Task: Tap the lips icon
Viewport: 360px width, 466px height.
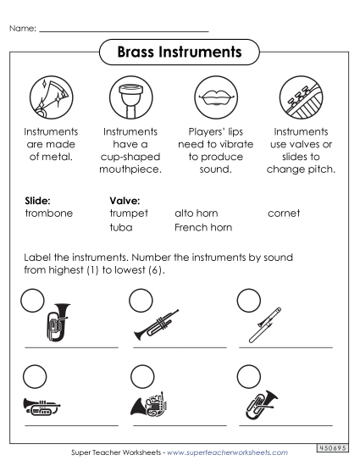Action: point(212,97)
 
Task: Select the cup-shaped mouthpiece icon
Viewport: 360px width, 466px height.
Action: point(130,97)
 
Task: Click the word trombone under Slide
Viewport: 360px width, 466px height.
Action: point(49,214)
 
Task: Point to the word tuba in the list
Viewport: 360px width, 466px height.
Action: point(121,227)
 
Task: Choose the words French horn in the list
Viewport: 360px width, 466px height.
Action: point(203,227)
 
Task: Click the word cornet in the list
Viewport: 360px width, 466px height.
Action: point(285,214)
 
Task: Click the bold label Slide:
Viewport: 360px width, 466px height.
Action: point(39,201)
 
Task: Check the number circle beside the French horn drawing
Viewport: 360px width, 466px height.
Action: point(141,374)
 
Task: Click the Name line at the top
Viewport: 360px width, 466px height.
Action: point(124,30)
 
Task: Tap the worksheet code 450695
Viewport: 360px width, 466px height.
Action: point(335,446)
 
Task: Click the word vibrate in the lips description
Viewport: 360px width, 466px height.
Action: point(234,144)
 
